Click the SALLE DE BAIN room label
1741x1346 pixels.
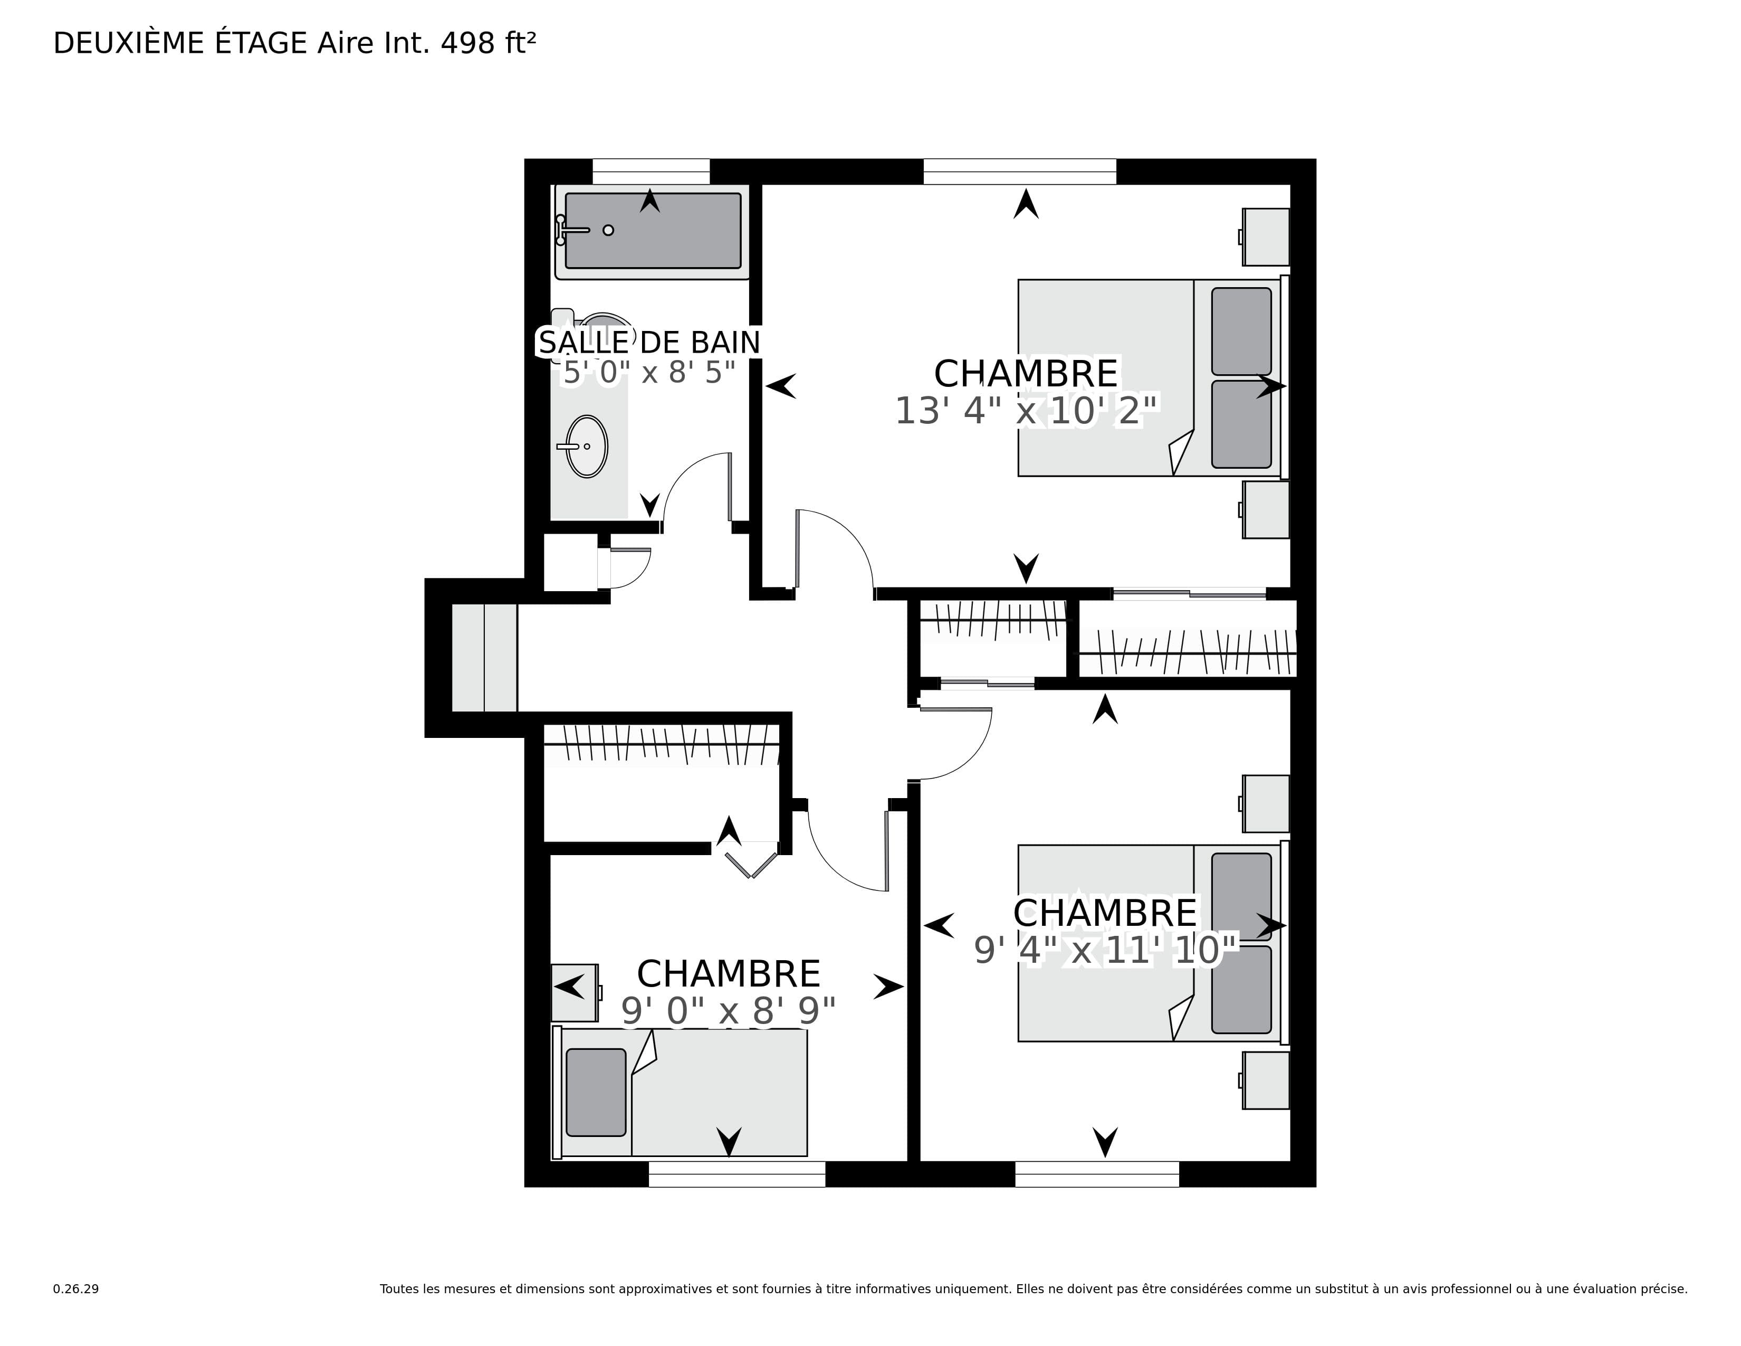(x=649, y=342)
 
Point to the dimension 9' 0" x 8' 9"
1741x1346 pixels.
(x=729, y=1011)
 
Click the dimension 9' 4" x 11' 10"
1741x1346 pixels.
(x=1105, y=950)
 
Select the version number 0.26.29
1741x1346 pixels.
(x=76, y=1288)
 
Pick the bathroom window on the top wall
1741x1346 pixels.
(x=651, y=172)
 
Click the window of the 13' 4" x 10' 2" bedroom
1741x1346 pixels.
(x=1020, y=172)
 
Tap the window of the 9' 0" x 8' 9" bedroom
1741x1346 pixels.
(x=736, y=1174)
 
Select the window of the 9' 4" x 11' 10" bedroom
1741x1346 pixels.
(x=1097, y=1174)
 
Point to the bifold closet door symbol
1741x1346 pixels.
(x=751, y=865)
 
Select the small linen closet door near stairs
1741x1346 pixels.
(x=630, y=568)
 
